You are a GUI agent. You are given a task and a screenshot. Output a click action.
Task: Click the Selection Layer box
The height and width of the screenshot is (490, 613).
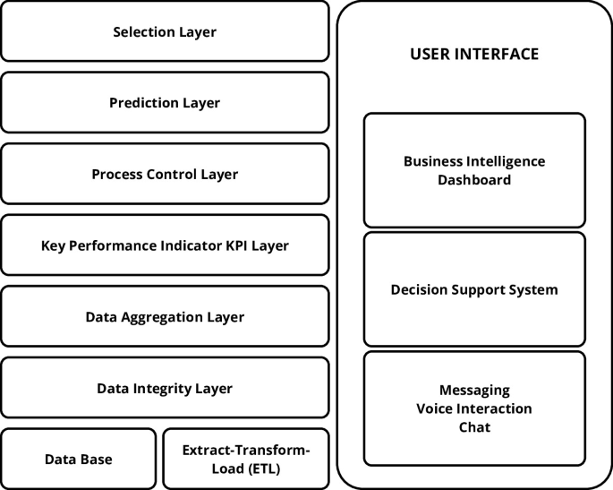coord(165,31)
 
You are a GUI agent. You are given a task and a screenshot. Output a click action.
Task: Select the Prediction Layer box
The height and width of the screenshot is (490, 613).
coord(165,102)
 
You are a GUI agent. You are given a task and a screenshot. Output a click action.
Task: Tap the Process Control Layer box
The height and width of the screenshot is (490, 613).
coord(165,174)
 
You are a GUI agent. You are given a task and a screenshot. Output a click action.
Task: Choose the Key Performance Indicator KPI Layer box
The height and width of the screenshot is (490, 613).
coord(165,245)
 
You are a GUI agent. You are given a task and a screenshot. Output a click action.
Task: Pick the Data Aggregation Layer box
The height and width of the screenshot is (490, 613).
coord(165,316)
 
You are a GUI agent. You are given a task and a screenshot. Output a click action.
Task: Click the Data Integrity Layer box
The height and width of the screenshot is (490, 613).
coord(165,388)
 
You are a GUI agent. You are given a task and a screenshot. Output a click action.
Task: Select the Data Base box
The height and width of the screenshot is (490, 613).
coord(79,459)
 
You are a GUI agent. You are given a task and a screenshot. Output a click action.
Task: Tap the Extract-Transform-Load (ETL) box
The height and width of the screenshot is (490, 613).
coord(246,459)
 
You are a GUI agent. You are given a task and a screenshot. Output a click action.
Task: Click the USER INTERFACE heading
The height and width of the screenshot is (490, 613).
coord(474,54)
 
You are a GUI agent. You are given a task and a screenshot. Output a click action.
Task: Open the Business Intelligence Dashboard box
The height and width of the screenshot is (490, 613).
coord(474,170)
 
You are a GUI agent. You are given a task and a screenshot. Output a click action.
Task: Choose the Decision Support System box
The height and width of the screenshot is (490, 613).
coord(474,289)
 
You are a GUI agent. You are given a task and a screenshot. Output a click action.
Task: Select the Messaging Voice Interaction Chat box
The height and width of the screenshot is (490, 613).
coord(474,408)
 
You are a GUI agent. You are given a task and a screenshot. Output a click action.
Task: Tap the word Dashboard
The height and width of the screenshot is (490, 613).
coord(474,179)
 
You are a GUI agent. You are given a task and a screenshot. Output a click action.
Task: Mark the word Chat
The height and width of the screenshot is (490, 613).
coord(474,427)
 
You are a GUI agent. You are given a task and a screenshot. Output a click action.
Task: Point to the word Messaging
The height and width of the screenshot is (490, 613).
coord(474,391)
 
